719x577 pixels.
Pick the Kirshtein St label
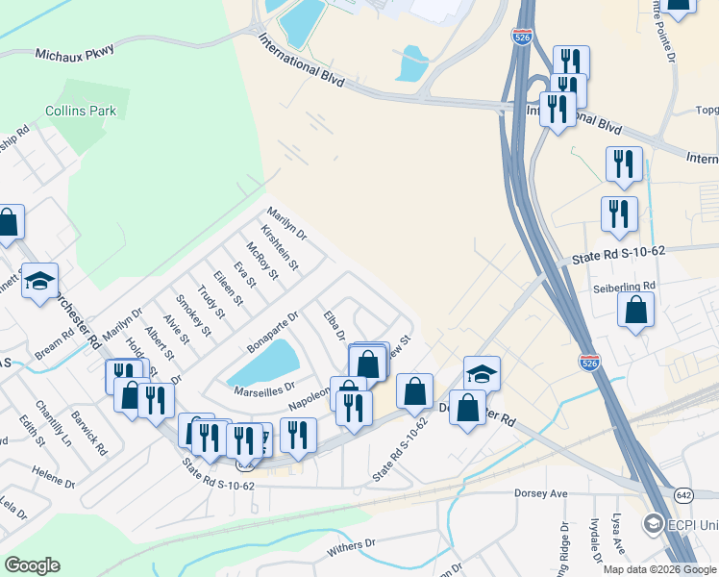[281, 247]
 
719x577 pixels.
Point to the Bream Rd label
[55, 347]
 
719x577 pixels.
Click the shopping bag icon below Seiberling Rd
[635, 312]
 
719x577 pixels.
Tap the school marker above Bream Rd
[39, 282]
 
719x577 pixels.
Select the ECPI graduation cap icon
[653, 523]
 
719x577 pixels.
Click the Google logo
[32, 565]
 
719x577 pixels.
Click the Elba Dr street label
[334, 325]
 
